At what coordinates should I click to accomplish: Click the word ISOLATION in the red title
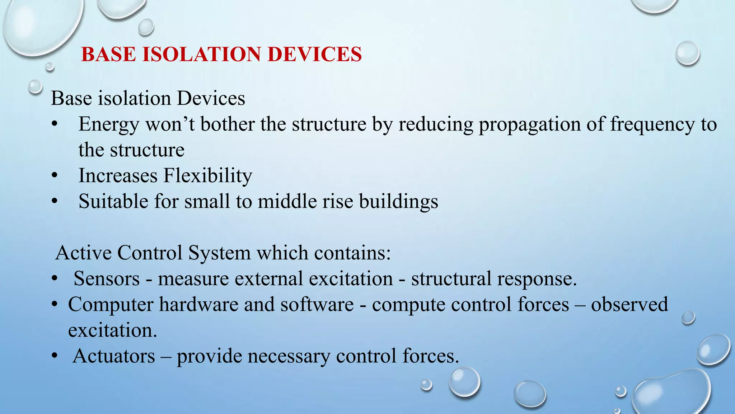pos(201,55)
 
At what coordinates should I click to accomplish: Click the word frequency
pos(652,124)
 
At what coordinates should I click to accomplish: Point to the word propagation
pos(529,124)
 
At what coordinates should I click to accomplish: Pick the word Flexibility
pos(208,176)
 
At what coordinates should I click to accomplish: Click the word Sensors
pos(107,279)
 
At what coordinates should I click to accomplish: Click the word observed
pos(629,304)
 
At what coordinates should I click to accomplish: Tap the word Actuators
pos(114,356)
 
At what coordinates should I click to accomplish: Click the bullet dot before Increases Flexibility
pos(54,176)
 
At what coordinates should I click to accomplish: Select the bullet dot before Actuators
pos(54,356)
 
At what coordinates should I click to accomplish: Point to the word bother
pos(227,124)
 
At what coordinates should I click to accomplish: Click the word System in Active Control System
pos(219,253)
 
